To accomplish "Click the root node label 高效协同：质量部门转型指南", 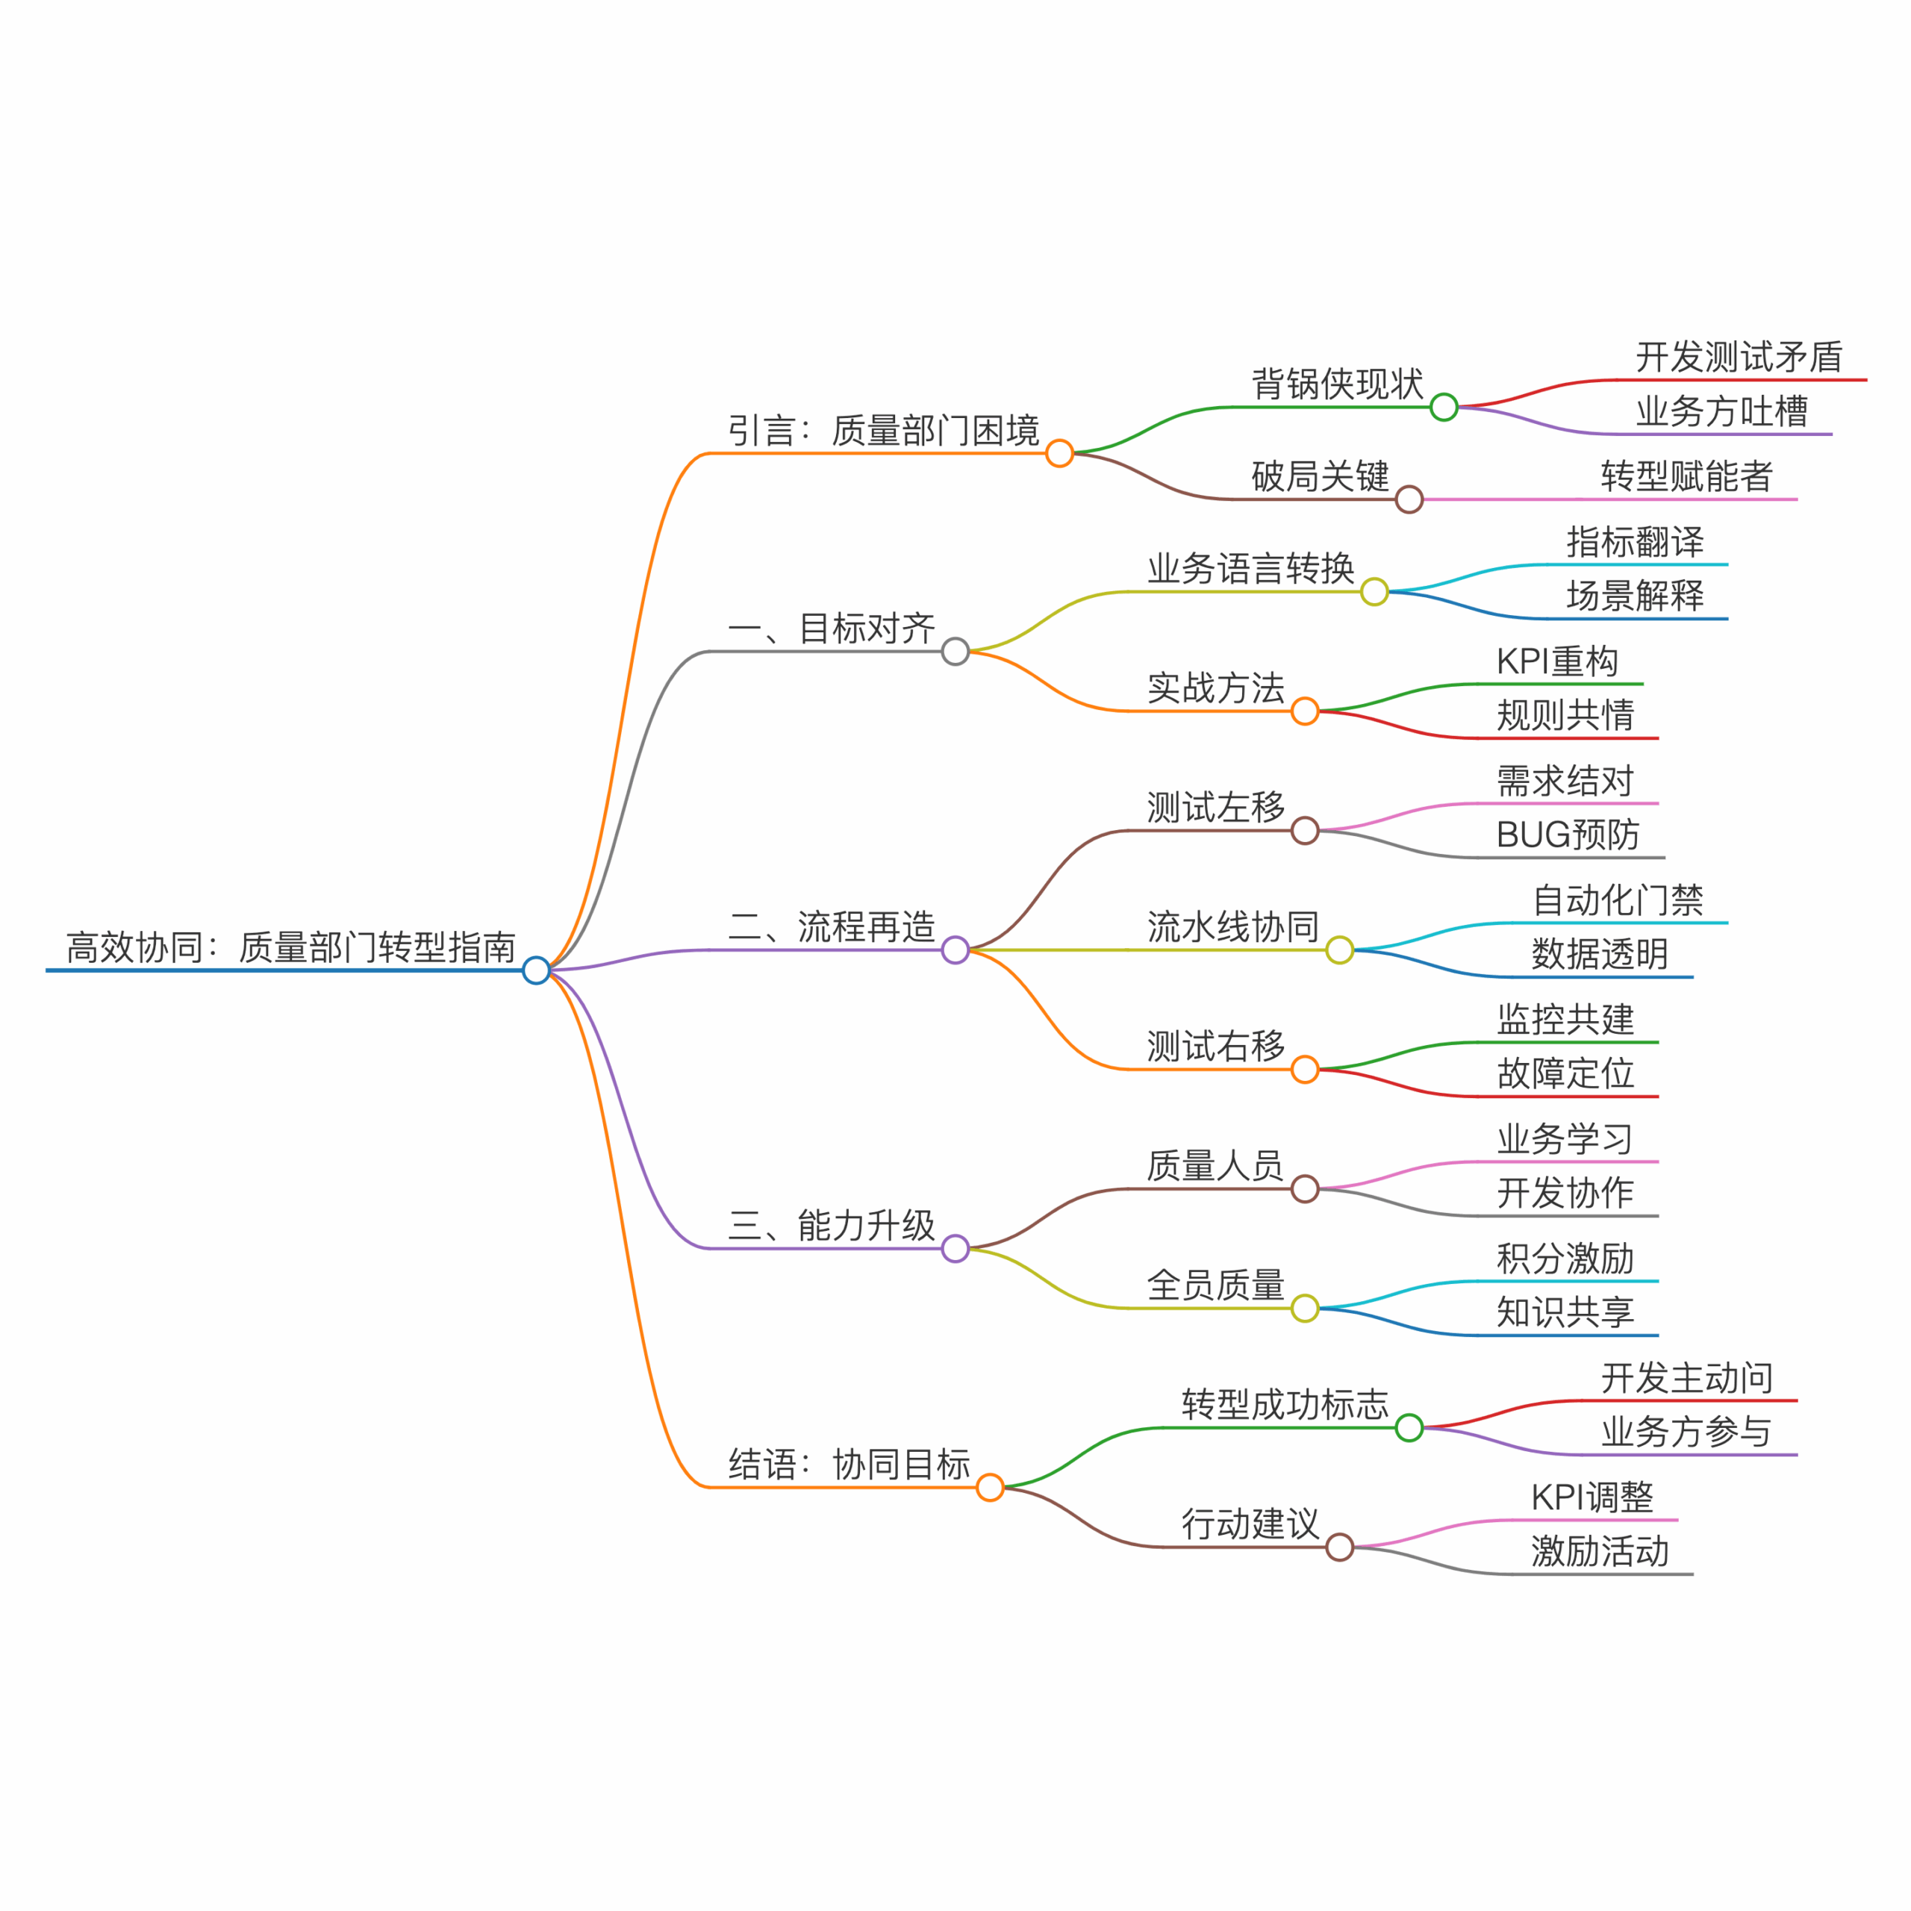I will tap(291, 947).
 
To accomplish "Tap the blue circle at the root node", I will tap(536, 970).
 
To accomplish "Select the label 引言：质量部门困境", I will tap(883, 430).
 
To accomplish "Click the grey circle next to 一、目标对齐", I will tap(955, 652).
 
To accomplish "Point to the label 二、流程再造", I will tap(832, 927).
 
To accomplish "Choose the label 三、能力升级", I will tap(832, 1226).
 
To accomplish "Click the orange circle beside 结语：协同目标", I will tap(990, 1488).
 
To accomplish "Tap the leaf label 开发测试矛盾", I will tap(1739, 357).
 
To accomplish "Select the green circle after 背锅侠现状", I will tap(1444, 407).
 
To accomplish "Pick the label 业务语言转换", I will tap(1251, 569).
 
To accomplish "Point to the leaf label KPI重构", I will tap(1558, 661).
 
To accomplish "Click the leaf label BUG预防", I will tap(1568, 835).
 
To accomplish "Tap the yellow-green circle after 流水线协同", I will tap(1340, 950).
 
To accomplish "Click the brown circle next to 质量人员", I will tap(1306, 1189).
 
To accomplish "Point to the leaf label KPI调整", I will tap(1592, 1497).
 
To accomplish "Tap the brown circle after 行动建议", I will tap(1340, 1547).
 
